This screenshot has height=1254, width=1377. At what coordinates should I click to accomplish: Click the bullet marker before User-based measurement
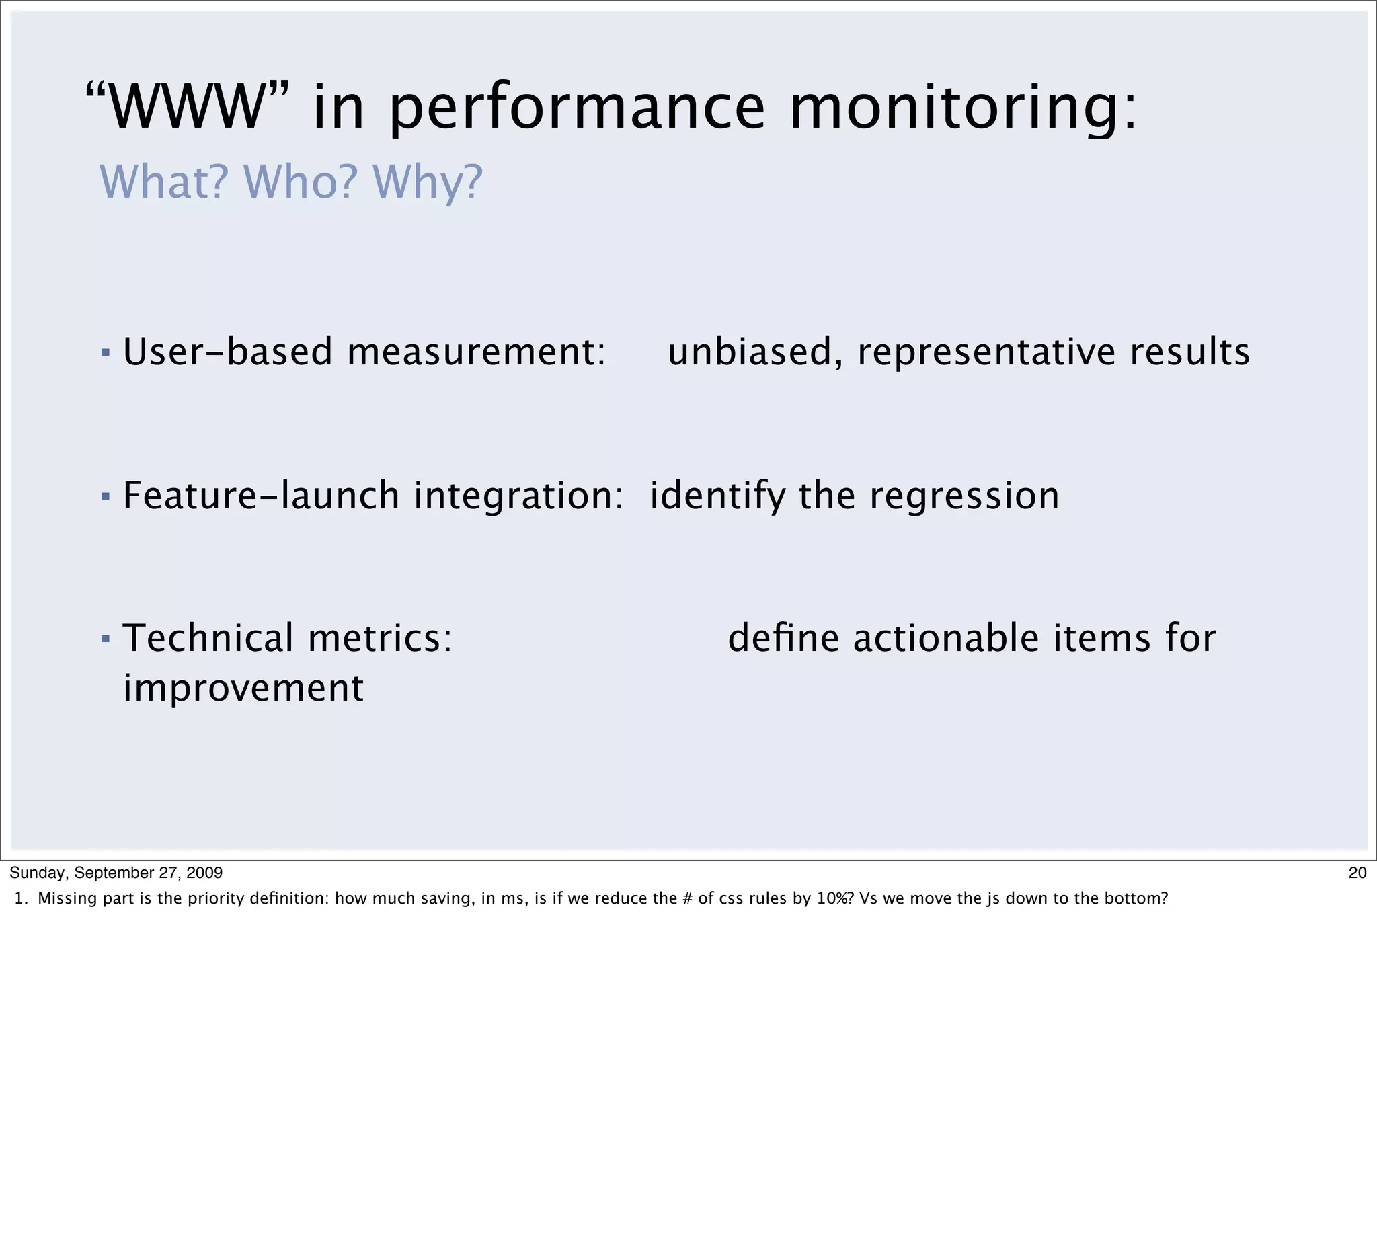pos(105,353)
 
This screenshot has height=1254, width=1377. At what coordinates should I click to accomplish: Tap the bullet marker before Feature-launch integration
pos(105,496)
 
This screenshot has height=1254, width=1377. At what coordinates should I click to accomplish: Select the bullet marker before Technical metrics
pos(105,639)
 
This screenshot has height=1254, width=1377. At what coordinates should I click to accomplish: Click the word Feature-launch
pos(261,496)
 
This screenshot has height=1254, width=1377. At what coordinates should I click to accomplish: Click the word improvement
pos(243,689)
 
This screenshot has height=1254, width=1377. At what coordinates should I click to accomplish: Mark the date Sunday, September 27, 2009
pos(116,873)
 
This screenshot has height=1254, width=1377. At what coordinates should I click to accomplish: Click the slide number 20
pos(1358,873)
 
